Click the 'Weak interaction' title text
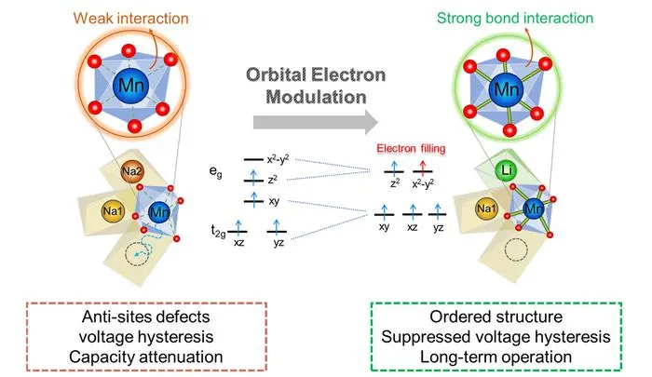pos(131,19)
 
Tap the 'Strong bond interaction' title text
pos(515,19)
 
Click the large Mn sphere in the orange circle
pos(131,86)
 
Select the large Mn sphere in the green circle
pos(507,89)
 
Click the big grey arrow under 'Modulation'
pos(316,122)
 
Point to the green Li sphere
pos(506,170)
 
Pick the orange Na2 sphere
pos(132,171)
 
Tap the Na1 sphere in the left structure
pos(113,211)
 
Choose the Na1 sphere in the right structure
pos(486,209)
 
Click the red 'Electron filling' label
pos(411,148)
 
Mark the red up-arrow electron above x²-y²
pos(423,168)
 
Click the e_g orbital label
pos(215,171)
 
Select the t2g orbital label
pos(218,231)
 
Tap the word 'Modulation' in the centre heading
pos(316,97)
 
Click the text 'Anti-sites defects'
pos(146,316)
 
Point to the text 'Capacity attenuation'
pos(146,357)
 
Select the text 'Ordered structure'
pos(496,316)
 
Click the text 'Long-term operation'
pos(496,357)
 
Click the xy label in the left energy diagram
pos(274,201)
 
